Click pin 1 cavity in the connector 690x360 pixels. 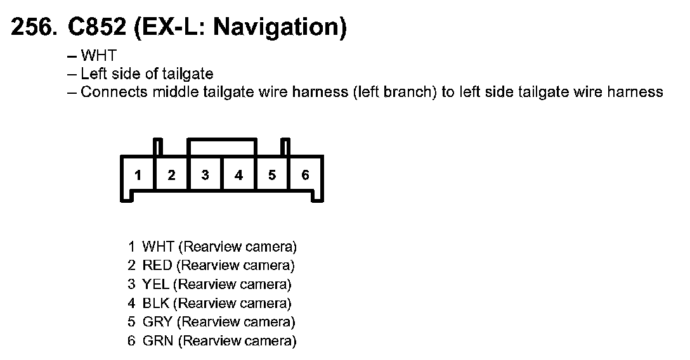tap(138, 176)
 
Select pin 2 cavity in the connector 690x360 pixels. tap(171, 176)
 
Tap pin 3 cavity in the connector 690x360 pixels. tap(205, 176)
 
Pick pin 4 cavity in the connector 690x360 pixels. tap(238, 176)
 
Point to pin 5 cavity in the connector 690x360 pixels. tap(272, 176)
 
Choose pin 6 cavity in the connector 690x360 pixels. tap(305, 176)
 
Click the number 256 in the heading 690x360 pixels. tap(32, 29)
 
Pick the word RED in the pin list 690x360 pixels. tap(157, 265)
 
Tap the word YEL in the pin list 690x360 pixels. tap(155, 284)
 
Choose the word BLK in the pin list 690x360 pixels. tap(156, 303)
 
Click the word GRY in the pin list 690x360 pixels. tap(157, 322)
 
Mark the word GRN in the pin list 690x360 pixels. tap(157, 341)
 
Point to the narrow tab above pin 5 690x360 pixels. tap(285, 147)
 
